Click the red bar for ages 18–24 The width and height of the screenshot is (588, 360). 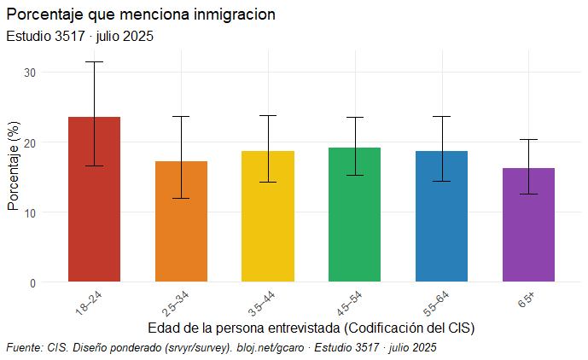tap(94, 213)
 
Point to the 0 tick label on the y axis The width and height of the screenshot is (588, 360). tap(32, 282)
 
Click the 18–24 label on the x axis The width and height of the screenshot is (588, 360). tap(89, 301)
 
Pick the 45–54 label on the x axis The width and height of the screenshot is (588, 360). tap(349, 301)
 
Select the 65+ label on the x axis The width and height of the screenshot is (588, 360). tap(525, 299)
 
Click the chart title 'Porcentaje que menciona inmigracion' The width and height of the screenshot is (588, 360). tap(141, 15)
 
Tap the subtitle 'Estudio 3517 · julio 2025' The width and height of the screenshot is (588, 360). tap(79, 37)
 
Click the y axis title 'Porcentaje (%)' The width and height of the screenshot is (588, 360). tap(13, 166)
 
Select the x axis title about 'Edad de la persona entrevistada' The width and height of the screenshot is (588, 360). tap(311, 328)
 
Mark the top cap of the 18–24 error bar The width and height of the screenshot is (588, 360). tap(94, 62)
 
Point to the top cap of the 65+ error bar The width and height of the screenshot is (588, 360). tap(528, 139)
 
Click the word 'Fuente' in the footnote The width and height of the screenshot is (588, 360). tap(24, 347)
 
